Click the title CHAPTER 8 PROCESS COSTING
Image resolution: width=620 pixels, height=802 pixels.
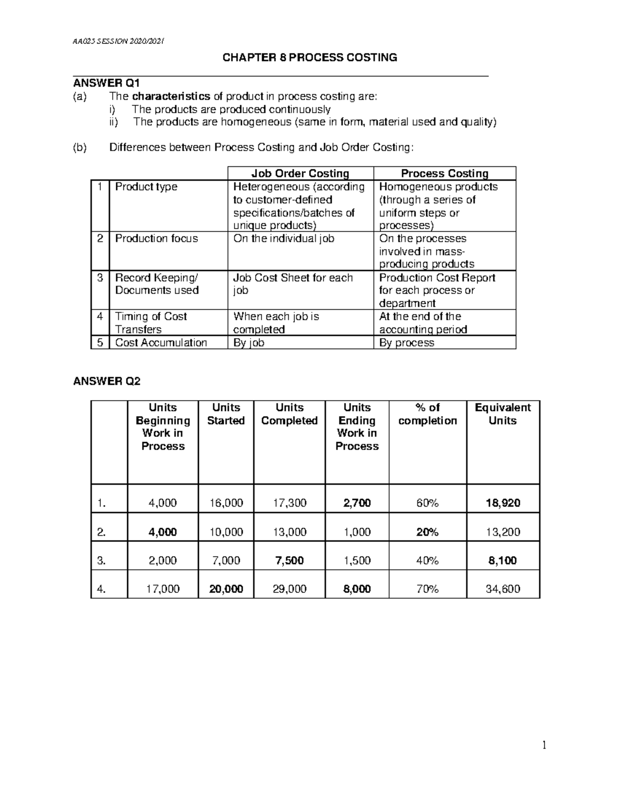(309, 57)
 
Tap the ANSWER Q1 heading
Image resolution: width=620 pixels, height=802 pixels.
(106, 83)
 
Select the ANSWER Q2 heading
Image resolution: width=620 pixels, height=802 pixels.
(106, 381)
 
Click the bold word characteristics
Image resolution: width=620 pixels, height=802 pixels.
(171, 96)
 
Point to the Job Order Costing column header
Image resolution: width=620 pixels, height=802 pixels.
(300, 174)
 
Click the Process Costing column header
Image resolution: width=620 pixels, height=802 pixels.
(444, 174)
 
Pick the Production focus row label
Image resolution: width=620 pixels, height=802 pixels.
(156, 239)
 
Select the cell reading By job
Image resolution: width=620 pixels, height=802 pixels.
(249, 343)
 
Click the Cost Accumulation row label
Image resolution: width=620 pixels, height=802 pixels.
(161, 343)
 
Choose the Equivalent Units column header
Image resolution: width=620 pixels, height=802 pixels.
(503, 414)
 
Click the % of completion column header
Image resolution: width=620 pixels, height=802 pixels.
(427, 414)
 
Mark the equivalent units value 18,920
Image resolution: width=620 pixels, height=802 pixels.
(503, 503)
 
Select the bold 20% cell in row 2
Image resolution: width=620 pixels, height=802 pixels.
(427, 532)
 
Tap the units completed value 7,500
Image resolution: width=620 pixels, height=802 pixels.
(289, 560)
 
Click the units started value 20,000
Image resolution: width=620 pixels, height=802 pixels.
(226, 589)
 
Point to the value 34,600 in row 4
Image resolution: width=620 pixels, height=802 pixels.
(503, 589)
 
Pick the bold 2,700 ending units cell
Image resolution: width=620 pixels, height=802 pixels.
(357, 503)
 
